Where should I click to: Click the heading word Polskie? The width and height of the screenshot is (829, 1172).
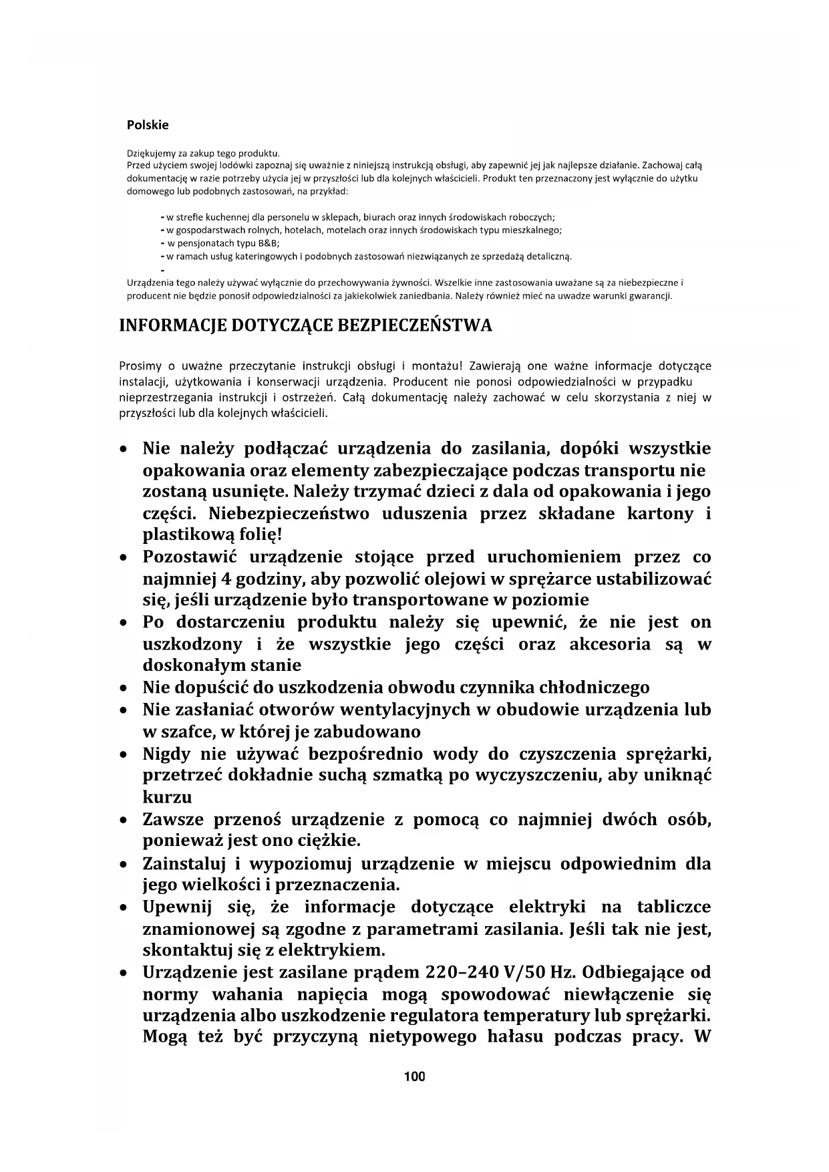point(148,125)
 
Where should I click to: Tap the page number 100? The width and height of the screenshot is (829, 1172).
point(414,1076)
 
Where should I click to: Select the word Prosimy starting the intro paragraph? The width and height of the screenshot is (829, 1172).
point(140,366)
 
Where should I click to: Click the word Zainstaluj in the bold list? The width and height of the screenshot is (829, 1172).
point(182,863)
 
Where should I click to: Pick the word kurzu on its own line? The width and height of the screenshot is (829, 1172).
point(167,797)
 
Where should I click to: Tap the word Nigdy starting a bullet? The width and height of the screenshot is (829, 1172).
point(166,754)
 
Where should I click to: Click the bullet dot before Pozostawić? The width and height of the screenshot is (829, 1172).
point(123,557)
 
